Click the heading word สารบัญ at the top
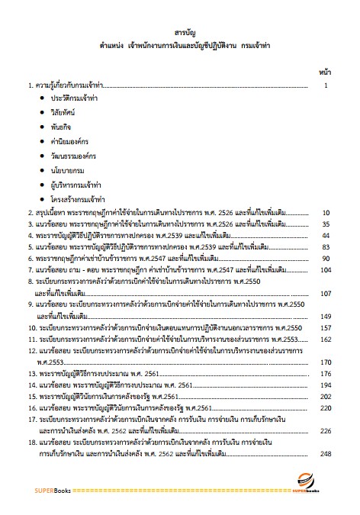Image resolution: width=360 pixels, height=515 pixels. coord(180,34)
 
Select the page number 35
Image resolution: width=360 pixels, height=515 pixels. coord(326,225)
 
